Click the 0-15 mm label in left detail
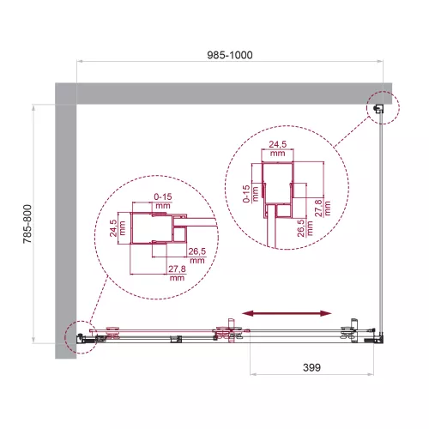164,201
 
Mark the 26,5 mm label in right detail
301,233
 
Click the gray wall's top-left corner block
66,93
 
